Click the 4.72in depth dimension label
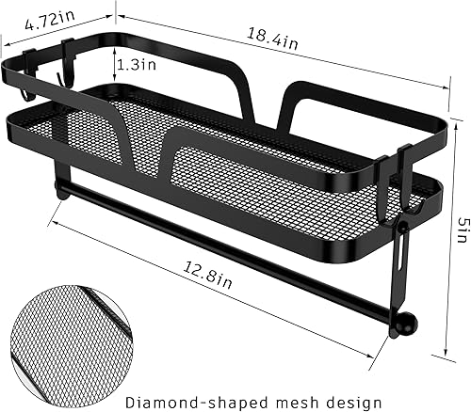click(x=47, y=17)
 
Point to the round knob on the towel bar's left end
click(x=61, y=194)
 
